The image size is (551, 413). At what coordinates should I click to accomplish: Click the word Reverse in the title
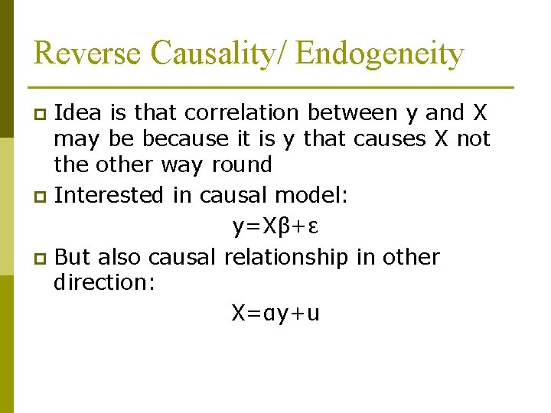click(x=88, y=54)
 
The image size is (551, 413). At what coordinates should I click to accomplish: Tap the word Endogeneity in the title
click(x=380, y=54)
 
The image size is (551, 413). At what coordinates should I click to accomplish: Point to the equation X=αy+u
click(x=275, y=313)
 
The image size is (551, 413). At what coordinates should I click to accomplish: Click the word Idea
click(x=80, y=112)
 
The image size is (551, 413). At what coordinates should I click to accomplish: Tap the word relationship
click(x=286, y=257)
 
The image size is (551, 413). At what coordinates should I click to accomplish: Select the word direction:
click(x=105, y=282)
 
